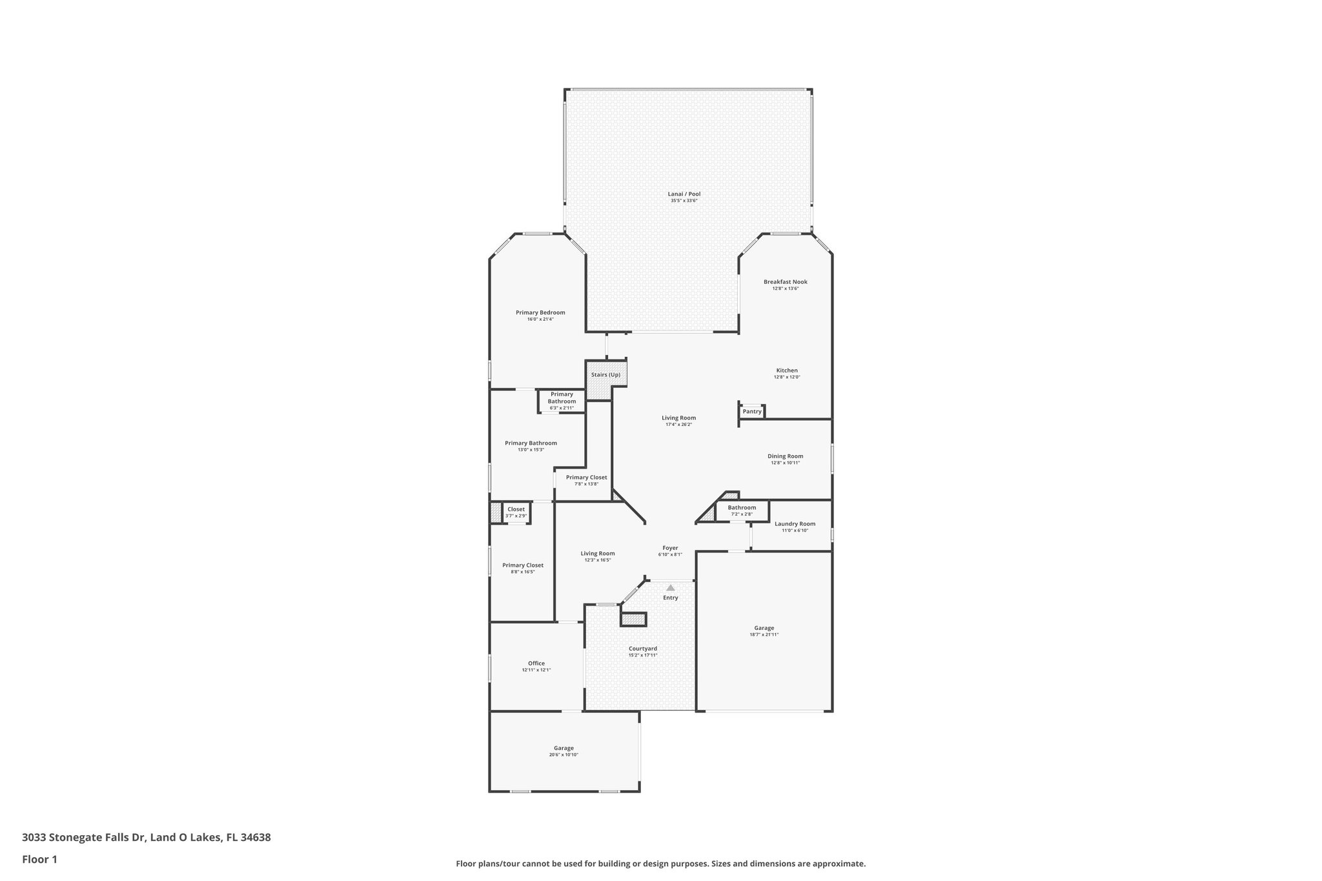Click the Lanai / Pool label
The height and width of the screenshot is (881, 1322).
click(x=684, y=194)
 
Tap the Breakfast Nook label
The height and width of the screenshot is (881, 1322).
click(x=785, y=281)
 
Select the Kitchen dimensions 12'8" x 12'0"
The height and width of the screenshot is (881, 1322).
click(x=787, y=377)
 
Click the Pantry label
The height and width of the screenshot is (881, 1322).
click(x=752, y=411)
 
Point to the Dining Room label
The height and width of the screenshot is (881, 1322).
click(x=785, y=456)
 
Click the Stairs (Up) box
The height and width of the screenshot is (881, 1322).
click(x=605, y=374)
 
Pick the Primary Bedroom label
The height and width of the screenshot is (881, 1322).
click(x=540, y=312)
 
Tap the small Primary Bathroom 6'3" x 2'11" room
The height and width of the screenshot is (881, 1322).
click(x=562, y=401)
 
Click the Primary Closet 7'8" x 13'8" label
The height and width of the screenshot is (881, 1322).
click(x=586, y=477)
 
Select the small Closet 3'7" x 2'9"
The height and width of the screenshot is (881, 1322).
click(x=516, y=512)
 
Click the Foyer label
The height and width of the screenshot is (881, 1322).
click(x=670, y=547)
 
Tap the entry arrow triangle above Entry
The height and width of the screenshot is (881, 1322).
click(x=670, y=587)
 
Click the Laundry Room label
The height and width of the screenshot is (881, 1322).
click(x=795, y=523)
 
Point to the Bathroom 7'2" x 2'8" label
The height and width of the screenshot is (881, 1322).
click(x=742, y=507)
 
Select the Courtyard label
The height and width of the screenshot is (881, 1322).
click(x=642, y=648)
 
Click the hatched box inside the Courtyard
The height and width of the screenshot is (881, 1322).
click(x=633, y=620)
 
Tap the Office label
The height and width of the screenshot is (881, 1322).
click(x=536, y=663)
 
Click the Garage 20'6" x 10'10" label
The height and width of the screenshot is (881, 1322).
click(x=564, y=747)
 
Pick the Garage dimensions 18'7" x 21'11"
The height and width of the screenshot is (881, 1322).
click(x=764, y=634)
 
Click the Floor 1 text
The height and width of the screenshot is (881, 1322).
click(x=39, y=859)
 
